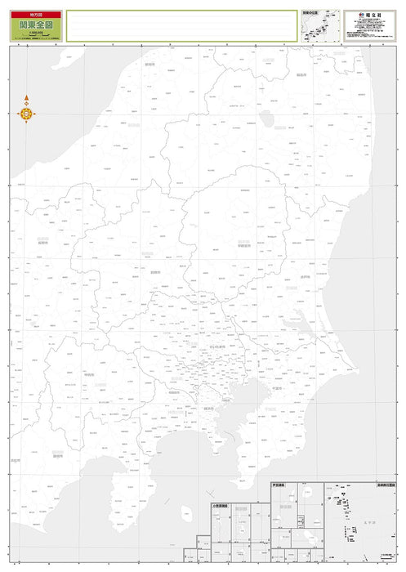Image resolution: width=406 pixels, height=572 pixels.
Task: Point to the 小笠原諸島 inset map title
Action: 219,505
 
